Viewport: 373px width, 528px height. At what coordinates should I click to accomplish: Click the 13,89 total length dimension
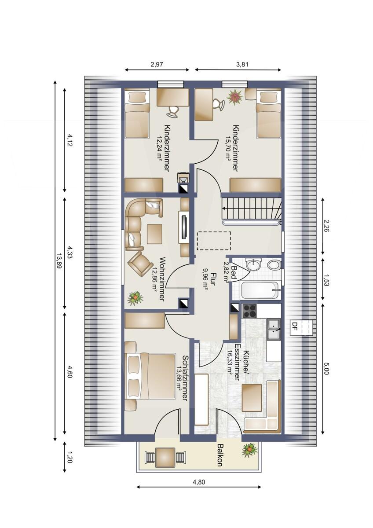(x=59, y=261)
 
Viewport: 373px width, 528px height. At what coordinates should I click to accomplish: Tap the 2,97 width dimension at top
(x=157, y=64)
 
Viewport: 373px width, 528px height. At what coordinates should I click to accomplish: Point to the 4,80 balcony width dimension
(x=199, y=482)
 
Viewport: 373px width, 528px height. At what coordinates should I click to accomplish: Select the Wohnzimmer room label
(x=162, y=279)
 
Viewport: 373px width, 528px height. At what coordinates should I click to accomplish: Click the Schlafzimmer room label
(x=185, y=378)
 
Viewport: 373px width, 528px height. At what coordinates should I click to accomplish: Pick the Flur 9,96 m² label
(x=209, y=279)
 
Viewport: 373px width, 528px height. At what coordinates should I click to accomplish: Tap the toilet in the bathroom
(x=274, y=264)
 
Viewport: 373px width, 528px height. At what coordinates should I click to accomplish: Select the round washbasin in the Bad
(x=254, y=264)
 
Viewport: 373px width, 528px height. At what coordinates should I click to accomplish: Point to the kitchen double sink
(x=275, y=328)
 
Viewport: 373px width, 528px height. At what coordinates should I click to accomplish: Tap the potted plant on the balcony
(x=249, y=450)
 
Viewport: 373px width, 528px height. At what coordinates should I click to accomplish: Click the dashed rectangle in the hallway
(x=214, y=241)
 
